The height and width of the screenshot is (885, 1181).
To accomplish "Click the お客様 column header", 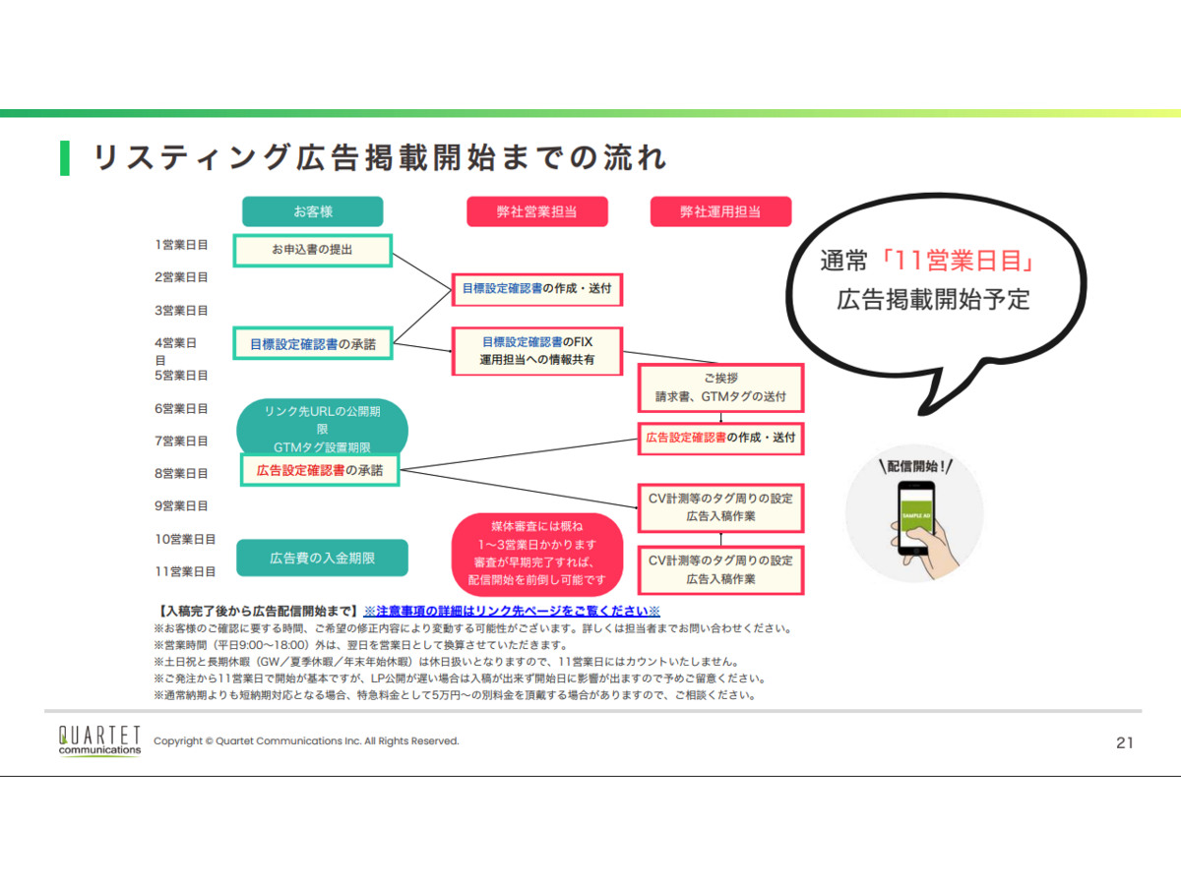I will click(312, 211).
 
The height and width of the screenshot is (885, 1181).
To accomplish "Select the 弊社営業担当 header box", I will click(536, 211).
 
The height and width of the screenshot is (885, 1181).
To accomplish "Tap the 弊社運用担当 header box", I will click(720, 211).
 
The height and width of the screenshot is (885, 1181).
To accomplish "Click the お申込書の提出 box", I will click(312, 250).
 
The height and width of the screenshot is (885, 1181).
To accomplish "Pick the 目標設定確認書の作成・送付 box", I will click(536, 289).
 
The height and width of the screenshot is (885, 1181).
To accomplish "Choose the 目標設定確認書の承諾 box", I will click(312, 343).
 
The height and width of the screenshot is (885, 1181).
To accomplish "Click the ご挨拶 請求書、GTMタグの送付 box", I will click(720, 387).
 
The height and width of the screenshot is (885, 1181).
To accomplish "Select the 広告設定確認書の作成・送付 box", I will click(720, 438).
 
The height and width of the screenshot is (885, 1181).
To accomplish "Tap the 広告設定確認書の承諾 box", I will click(320, 470).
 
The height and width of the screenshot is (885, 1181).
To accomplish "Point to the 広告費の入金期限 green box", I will click(322, 558).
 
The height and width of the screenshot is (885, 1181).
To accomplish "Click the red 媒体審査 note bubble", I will click(537, 553).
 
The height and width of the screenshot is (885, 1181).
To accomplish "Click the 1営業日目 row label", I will click(181, 244).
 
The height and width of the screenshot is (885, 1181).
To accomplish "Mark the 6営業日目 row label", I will click(181, 408).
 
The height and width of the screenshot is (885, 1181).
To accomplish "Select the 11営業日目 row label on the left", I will click(185, 571).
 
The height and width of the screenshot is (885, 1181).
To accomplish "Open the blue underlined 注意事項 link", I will click(511, 611).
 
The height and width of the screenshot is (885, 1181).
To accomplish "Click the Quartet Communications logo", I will click(99, 740).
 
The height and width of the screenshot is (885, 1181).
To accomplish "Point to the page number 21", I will click(1124, 742).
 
